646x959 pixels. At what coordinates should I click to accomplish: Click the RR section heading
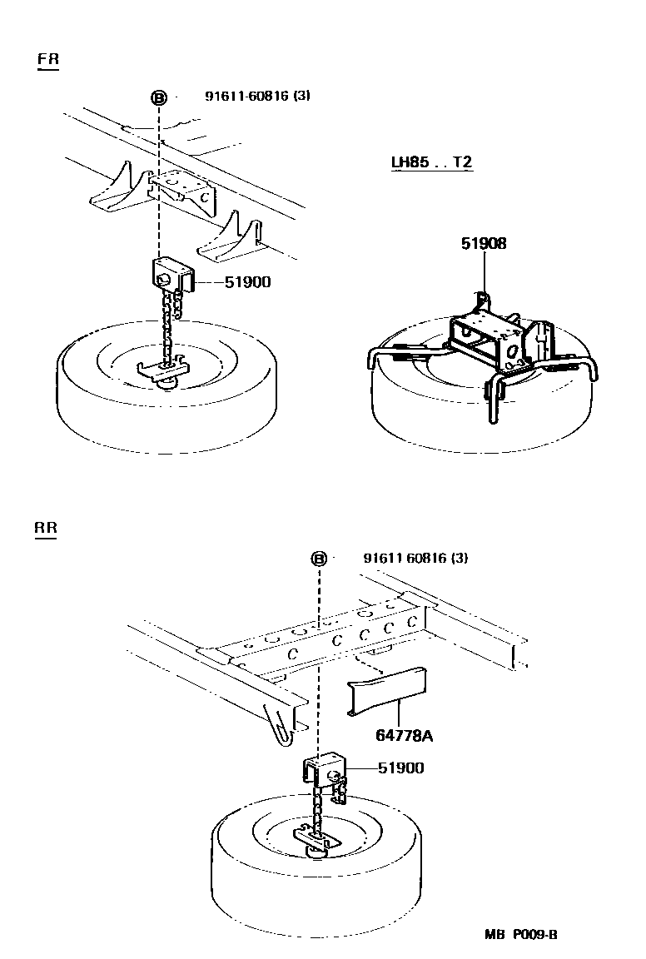[47, 528]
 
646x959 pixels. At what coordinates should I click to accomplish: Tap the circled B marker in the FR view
[158, 97]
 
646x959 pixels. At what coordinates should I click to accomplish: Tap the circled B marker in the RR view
[319, 559]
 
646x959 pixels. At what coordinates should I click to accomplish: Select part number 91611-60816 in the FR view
[257, 96]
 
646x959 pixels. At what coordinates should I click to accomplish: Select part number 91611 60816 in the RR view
[415, 558]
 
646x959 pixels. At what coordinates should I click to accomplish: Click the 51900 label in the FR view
[247, 282]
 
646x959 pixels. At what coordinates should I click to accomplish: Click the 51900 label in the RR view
[400, 768]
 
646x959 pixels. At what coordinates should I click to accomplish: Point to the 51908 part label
[484, 244]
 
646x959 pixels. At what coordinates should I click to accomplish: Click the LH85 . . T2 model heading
[432, 161]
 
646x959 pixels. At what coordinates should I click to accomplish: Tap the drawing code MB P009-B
[521, 934]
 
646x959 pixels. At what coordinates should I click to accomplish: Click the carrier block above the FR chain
[172, 273]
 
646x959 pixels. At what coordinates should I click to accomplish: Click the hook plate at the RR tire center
[316, 837]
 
